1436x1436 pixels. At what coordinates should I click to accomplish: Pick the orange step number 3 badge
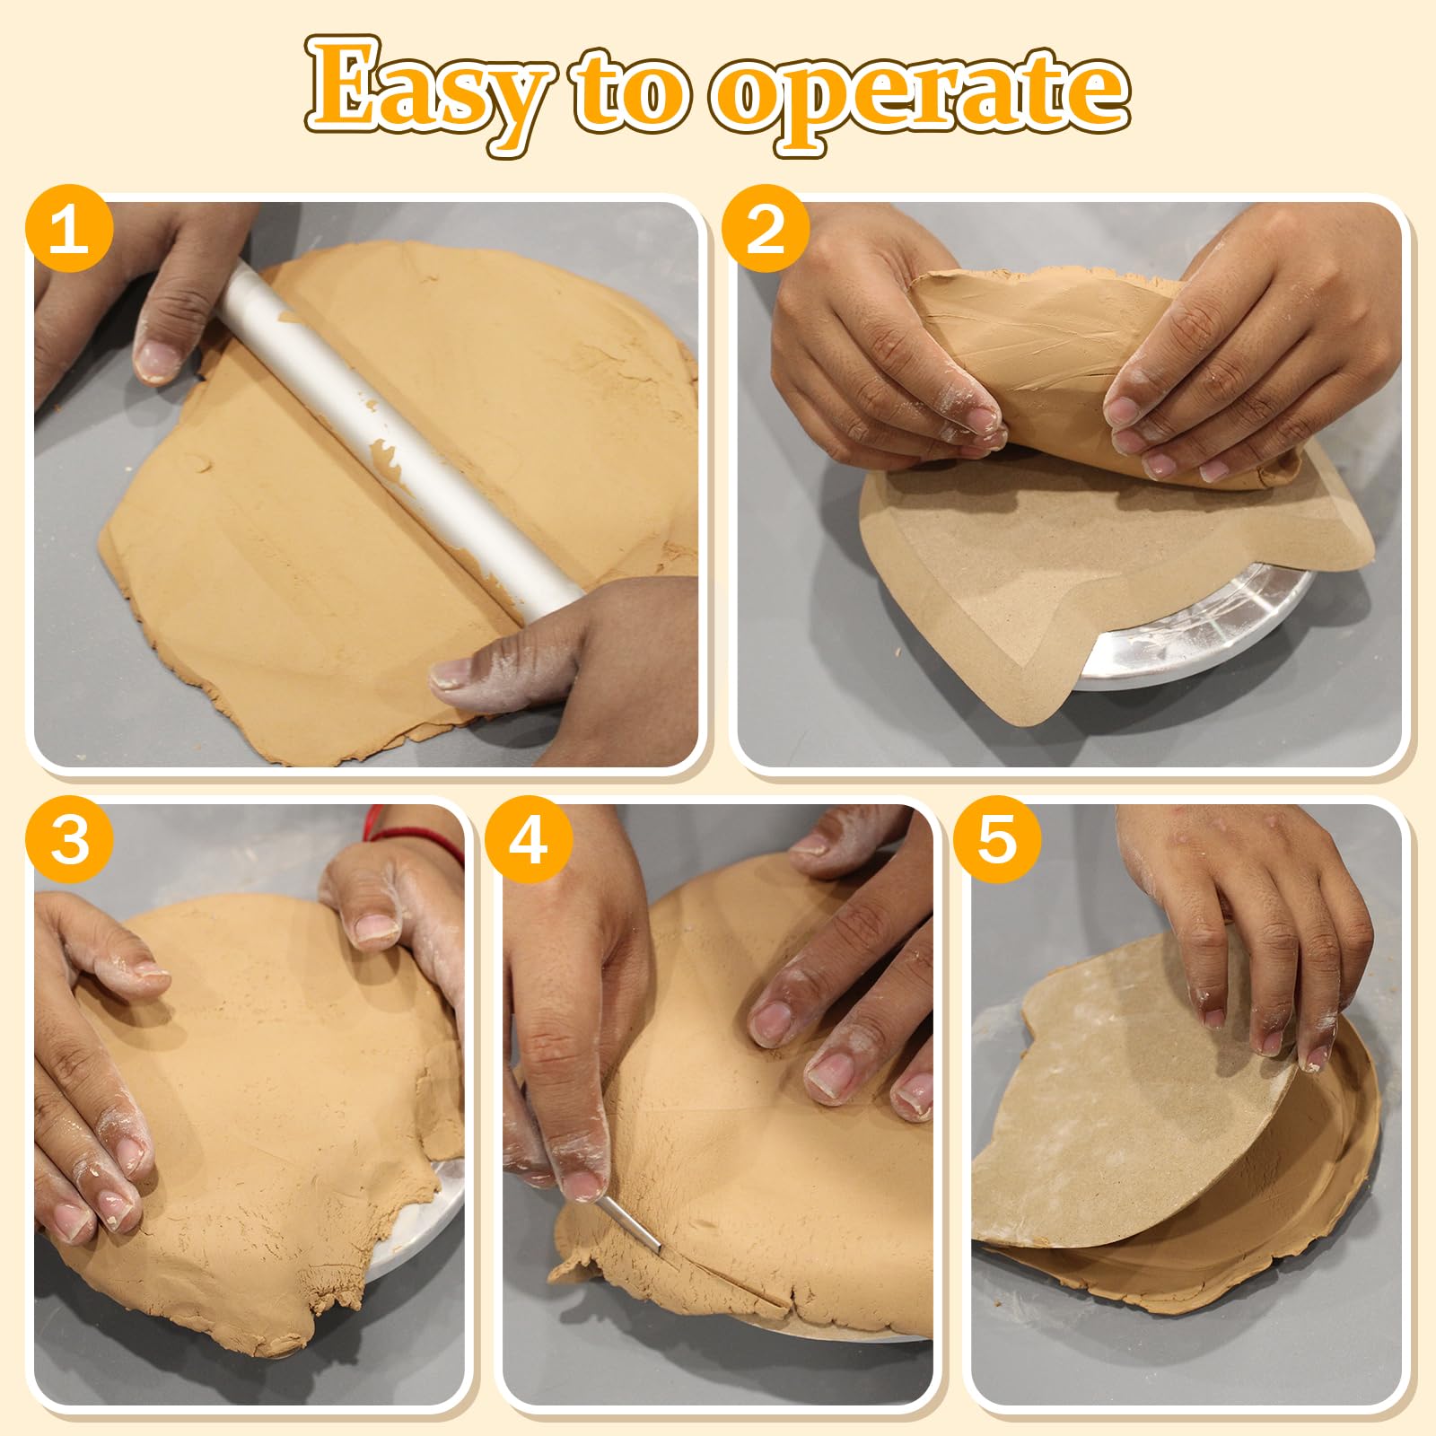(x=70, y=841)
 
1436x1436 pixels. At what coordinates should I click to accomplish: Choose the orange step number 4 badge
(x=529, y=841)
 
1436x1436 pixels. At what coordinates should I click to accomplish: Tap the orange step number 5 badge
(x=996, y=841)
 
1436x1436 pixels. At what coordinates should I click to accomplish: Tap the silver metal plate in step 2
(x=1194, y=628)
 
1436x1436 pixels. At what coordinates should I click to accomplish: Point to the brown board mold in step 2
(x=1077, y=574)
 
